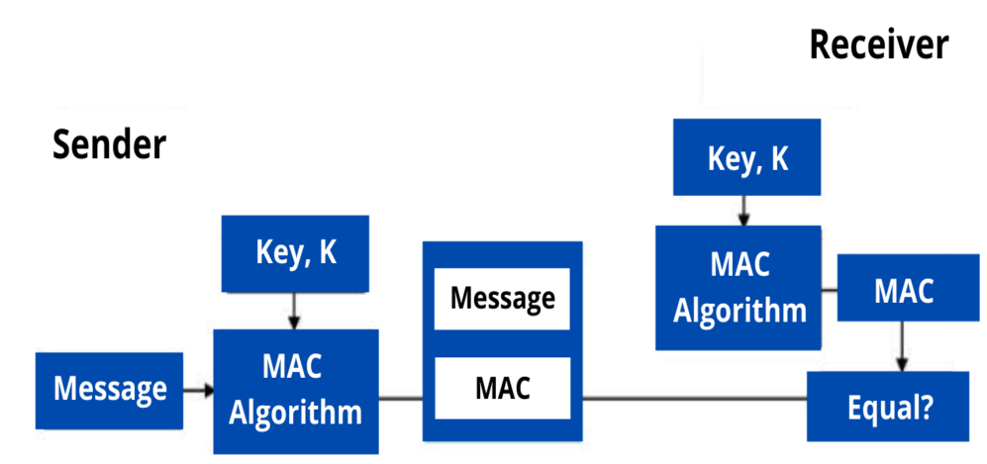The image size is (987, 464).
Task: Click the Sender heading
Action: (x=109, y=145)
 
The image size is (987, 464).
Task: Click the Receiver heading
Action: (x=878, y=46)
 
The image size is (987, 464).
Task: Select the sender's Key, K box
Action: (x=296, y=253)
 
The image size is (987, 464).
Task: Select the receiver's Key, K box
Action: (x=747, y=158)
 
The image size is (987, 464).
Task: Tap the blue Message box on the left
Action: (x=110, y=389)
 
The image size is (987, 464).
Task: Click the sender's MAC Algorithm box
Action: (x=296, y=390)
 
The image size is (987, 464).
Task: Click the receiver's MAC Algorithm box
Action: (x=740, y=287)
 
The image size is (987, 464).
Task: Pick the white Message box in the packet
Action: (x=502, y=298)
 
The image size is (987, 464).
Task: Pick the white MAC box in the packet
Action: (x=502, y=389)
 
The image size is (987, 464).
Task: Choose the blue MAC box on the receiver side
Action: (x=903, y=290)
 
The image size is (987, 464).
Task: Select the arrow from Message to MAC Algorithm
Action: (x=198, y=390)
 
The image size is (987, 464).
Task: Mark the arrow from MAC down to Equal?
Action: (x=902, y=347)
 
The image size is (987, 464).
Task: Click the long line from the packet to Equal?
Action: (x=693, y=400)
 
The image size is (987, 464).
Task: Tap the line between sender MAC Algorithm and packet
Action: (x=401, y=400)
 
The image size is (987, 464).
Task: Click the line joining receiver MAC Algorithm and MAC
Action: (x=830, y=291)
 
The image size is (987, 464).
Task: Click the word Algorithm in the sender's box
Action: (x=295, y=411)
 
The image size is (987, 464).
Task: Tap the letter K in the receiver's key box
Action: (x=779, y=159)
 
